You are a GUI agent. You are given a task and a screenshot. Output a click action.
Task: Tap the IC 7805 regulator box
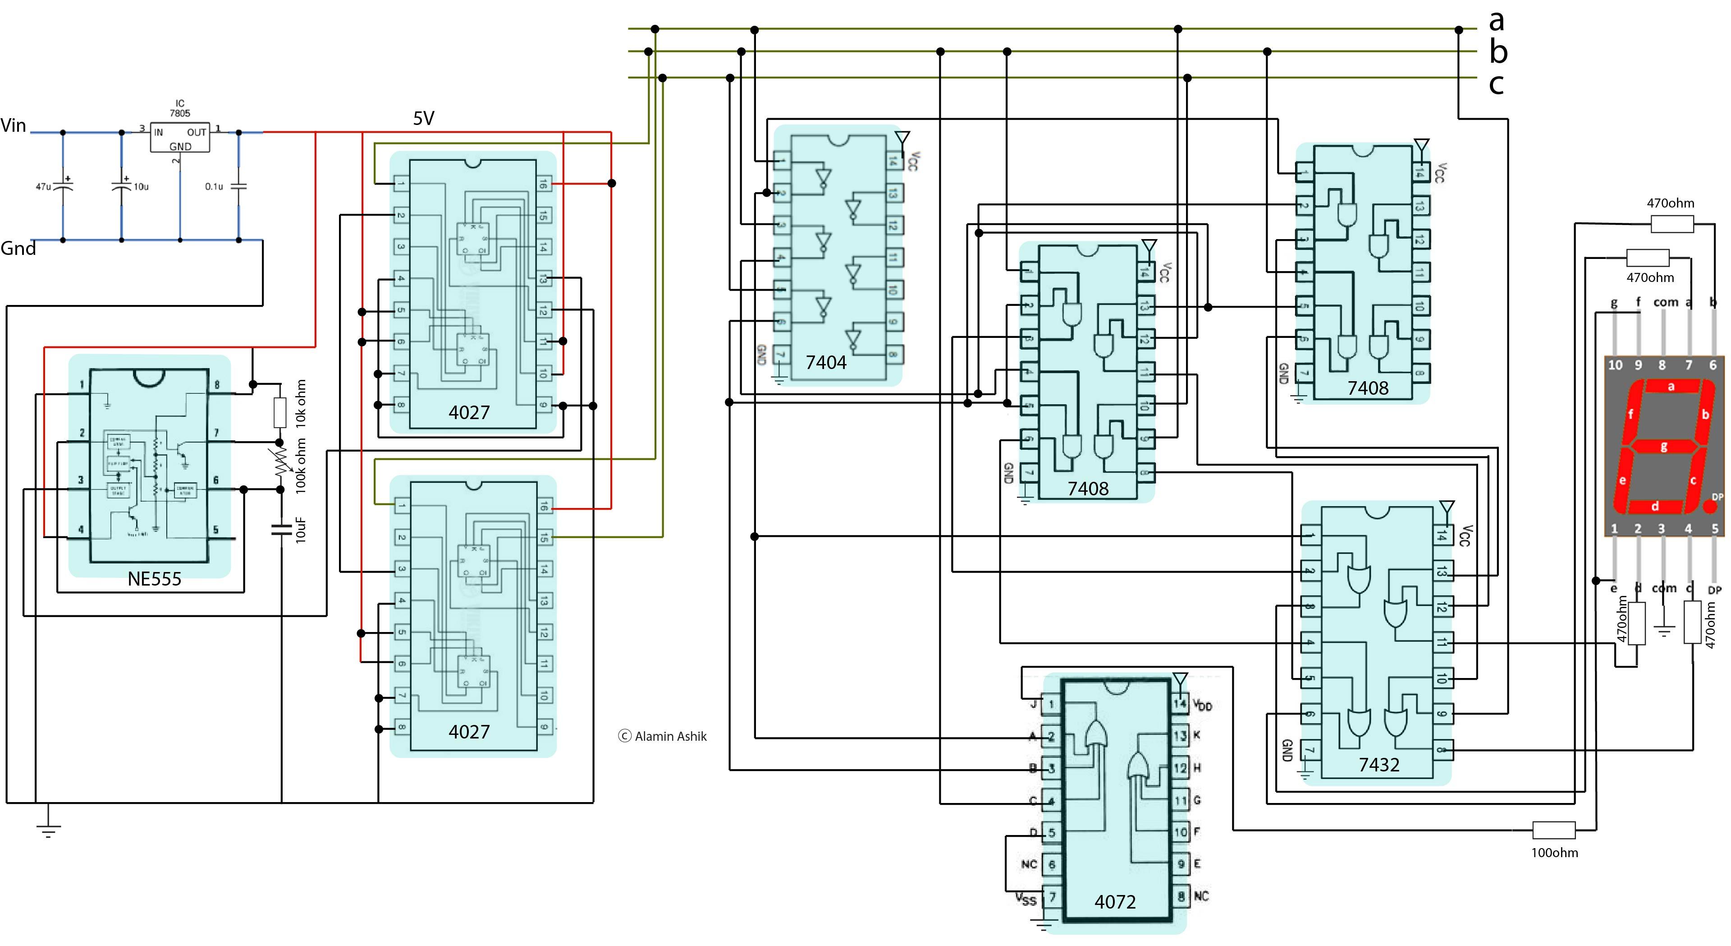(179, 137)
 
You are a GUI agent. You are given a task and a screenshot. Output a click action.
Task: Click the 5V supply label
(423, 118)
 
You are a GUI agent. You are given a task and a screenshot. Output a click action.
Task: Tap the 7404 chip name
(826, 362)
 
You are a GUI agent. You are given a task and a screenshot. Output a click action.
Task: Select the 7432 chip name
(1379, 765)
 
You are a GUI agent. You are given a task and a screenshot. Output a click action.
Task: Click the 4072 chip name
(1115, 902)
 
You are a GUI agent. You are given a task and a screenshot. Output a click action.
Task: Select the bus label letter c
(1496, 84)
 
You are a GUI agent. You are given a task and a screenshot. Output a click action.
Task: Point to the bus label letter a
(1496, 20)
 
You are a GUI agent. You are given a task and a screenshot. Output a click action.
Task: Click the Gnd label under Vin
(18, 249)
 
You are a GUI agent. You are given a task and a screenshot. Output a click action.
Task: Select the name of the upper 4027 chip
(469, 412)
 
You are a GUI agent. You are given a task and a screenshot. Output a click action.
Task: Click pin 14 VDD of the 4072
(1180, 704)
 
